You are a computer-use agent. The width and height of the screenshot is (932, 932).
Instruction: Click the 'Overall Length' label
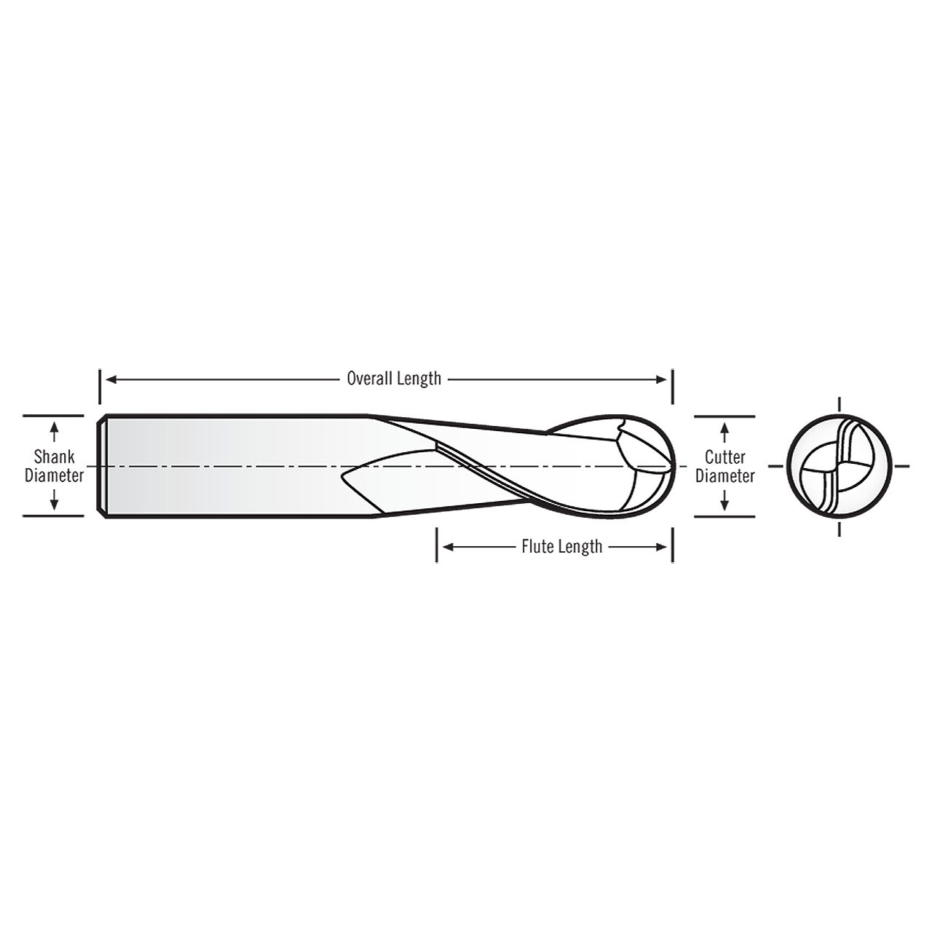[x=394, y=379]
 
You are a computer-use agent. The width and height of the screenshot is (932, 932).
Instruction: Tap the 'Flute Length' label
[x=561, y=546]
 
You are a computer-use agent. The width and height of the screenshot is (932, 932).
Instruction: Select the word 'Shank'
[x=54, y=457]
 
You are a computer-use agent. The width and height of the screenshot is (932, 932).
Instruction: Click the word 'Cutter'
[x=724, y=457]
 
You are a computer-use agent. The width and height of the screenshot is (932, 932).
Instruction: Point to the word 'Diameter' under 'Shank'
[x=54, y=475]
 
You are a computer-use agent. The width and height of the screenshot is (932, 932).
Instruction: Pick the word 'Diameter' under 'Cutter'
[x=724, y=475]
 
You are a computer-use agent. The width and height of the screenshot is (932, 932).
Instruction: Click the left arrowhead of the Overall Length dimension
[x=111, y=379]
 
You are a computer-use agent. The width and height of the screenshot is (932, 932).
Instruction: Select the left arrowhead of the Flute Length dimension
[x=449, y=546]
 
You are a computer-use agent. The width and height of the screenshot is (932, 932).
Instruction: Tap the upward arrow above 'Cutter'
[x=724, y=433]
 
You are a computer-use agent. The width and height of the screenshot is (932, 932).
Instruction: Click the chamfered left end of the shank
[x=103, y=466]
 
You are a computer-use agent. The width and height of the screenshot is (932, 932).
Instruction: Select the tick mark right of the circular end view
[x=901, y=466]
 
